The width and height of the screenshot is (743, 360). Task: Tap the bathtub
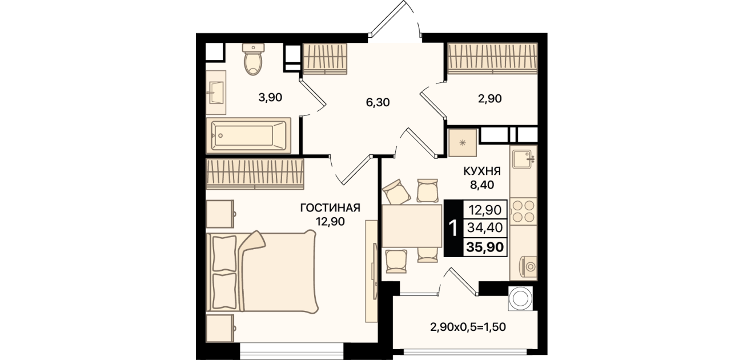[248, 135]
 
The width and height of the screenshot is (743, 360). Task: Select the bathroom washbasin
[216, 92]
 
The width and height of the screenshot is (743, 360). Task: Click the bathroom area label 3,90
[270, 98]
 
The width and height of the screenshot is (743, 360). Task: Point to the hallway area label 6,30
[378, 102]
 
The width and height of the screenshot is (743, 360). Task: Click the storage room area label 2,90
[490, 98]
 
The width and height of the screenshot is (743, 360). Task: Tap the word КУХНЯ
[482, 171]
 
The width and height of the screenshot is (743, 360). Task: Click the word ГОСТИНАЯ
[330, 208]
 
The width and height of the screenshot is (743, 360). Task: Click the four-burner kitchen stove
[524, 211]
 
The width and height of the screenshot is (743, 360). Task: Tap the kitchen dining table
[412, 226]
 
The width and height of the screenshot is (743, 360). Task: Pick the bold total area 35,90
[485, 247]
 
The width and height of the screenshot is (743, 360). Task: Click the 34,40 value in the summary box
[485, 227]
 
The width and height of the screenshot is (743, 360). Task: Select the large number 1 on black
[453, 228]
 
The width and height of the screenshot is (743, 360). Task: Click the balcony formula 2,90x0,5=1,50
[468, 327]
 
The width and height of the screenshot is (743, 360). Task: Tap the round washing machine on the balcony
[520, 298]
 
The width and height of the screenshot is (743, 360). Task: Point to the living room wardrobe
[255, 174]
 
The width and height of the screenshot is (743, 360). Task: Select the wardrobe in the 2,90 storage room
[492, 58]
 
